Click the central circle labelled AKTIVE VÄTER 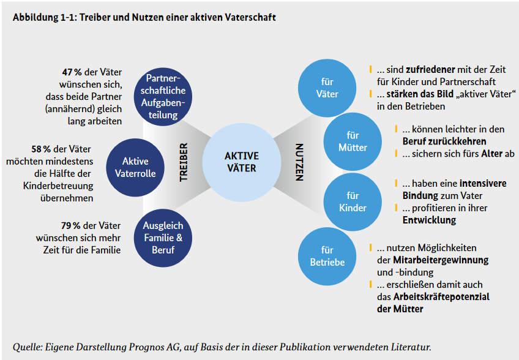tap(242, 162)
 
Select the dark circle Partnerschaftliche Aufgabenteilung tap(163, 97)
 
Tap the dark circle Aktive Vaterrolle tap(135, 168)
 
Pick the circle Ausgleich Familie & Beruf tap(163, 238)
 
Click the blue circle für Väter tap(327, 88)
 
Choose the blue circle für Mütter tap(353, 141)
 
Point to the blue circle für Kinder tap(353, 201)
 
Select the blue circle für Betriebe tap(327, 256)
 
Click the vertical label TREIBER tap(184, 162)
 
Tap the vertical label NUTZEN tap(299, 162)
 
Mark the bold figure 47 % tap(72, 72)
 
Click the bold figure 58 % tap(41, 149)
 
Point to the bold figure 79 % tap(71, 226)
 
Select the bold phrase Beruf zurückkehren tap(444, 141)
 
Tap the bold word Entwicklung tap(429, 220)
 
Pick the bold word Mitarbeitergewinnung tap(441, 260)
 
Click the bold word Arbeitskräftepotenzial tap(441, 297)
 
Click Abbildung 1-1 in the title tap(44, 18)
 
